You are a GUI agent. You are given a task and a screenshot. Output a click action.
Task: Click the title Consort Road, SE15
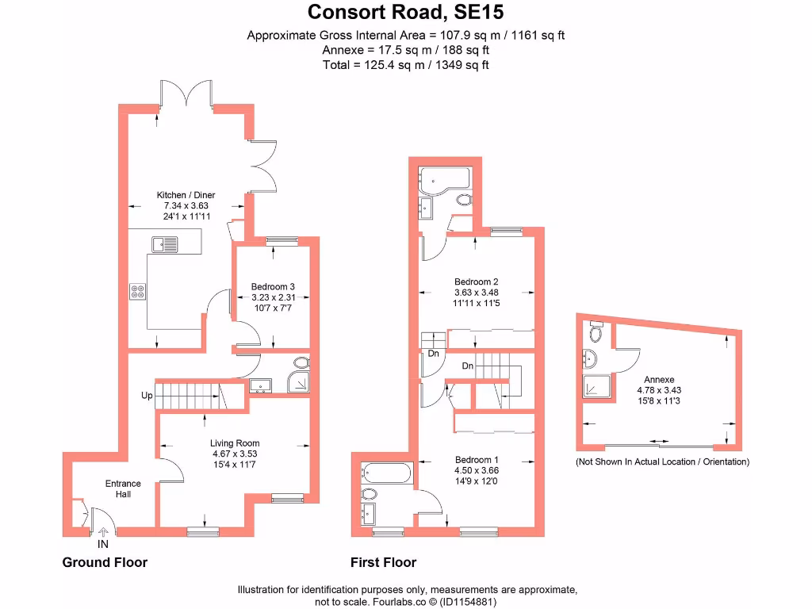click(405, 12)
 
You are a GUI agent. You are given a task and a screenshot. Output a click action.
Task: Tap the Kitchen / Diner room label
click(186, 195)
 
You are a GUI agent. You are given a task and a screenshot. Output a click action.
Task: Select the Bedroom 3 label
click(274, 286)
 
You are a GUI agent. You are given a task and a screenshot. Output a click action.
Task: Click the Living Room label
click(235, 443)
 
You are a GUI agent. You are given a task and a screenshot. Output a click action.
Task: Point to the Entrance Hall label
click(123, 488)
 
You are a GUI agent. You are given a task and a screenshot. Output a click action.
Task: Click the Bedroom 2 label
click(476, 282)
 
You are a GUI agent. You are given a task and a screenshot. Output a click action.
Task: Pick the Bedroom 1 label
click(477, 459)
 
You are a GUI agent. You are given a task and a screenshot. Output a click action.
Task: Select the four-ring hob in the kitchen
click(137, 291)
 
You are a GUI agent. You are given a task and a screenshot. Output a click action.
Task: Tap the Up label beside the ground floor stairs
click(147, 395)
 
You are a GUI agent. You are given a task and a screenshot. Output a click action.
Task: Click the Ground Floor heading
click(105, 563)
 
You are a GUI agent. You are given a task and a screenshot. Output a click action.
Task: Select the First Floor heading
click(383, 563)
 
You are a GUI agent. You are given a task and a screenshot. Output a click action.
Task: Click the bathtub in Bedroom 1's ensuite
click(386, 474)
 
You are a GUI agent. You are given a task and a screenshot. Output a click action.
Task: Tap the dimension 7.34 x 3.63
click(186, 205)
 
